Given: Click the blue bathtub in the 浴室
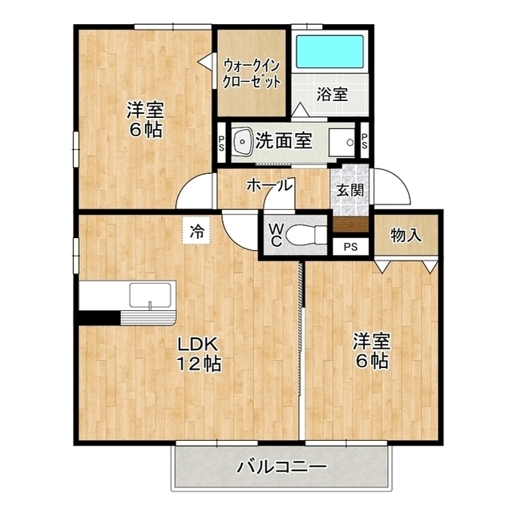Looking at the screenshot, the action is click(329, 51).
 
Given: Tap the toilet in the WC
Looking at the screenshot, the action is click(306, 234).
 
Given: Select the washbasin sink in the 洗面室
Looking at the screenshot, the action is click(243, 141).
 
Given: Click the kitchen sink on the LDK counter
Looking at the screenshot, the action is click(150, 295).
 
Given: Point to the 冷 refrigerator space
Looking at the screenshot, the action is click(197, 231).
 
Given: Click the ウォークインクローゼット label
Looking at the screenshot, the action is click(252, 74).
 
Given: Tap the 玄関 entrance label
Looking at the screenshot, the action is click(350, 190).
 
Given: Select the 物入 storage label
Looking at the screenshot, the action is click(406, 235).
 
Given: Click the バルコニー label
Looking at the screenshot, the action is click(281, 466).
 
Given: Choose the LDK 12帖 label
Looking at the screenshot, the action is click(199, 353).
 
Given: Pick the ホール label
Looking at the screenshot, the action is click(269, 185).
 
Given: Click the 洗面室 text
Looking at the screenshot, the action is click(284, 141).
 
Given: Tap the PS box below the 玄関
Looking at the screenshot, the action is click(350, 247).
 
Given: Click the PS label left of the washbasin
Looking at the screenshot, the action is click(221, 143).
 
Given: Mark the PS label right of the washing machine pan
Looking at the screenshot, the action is click(364, 141).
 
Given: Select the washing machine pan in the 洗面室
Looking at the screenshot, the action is click(341, 143).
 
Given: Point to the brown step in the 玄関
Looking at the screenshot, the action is click(351, 224).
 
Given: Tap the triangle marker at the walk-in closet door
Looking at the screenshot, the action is click(205, 61).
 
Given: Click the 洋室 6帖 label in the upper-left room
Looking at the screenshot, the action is click(145, 119).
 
